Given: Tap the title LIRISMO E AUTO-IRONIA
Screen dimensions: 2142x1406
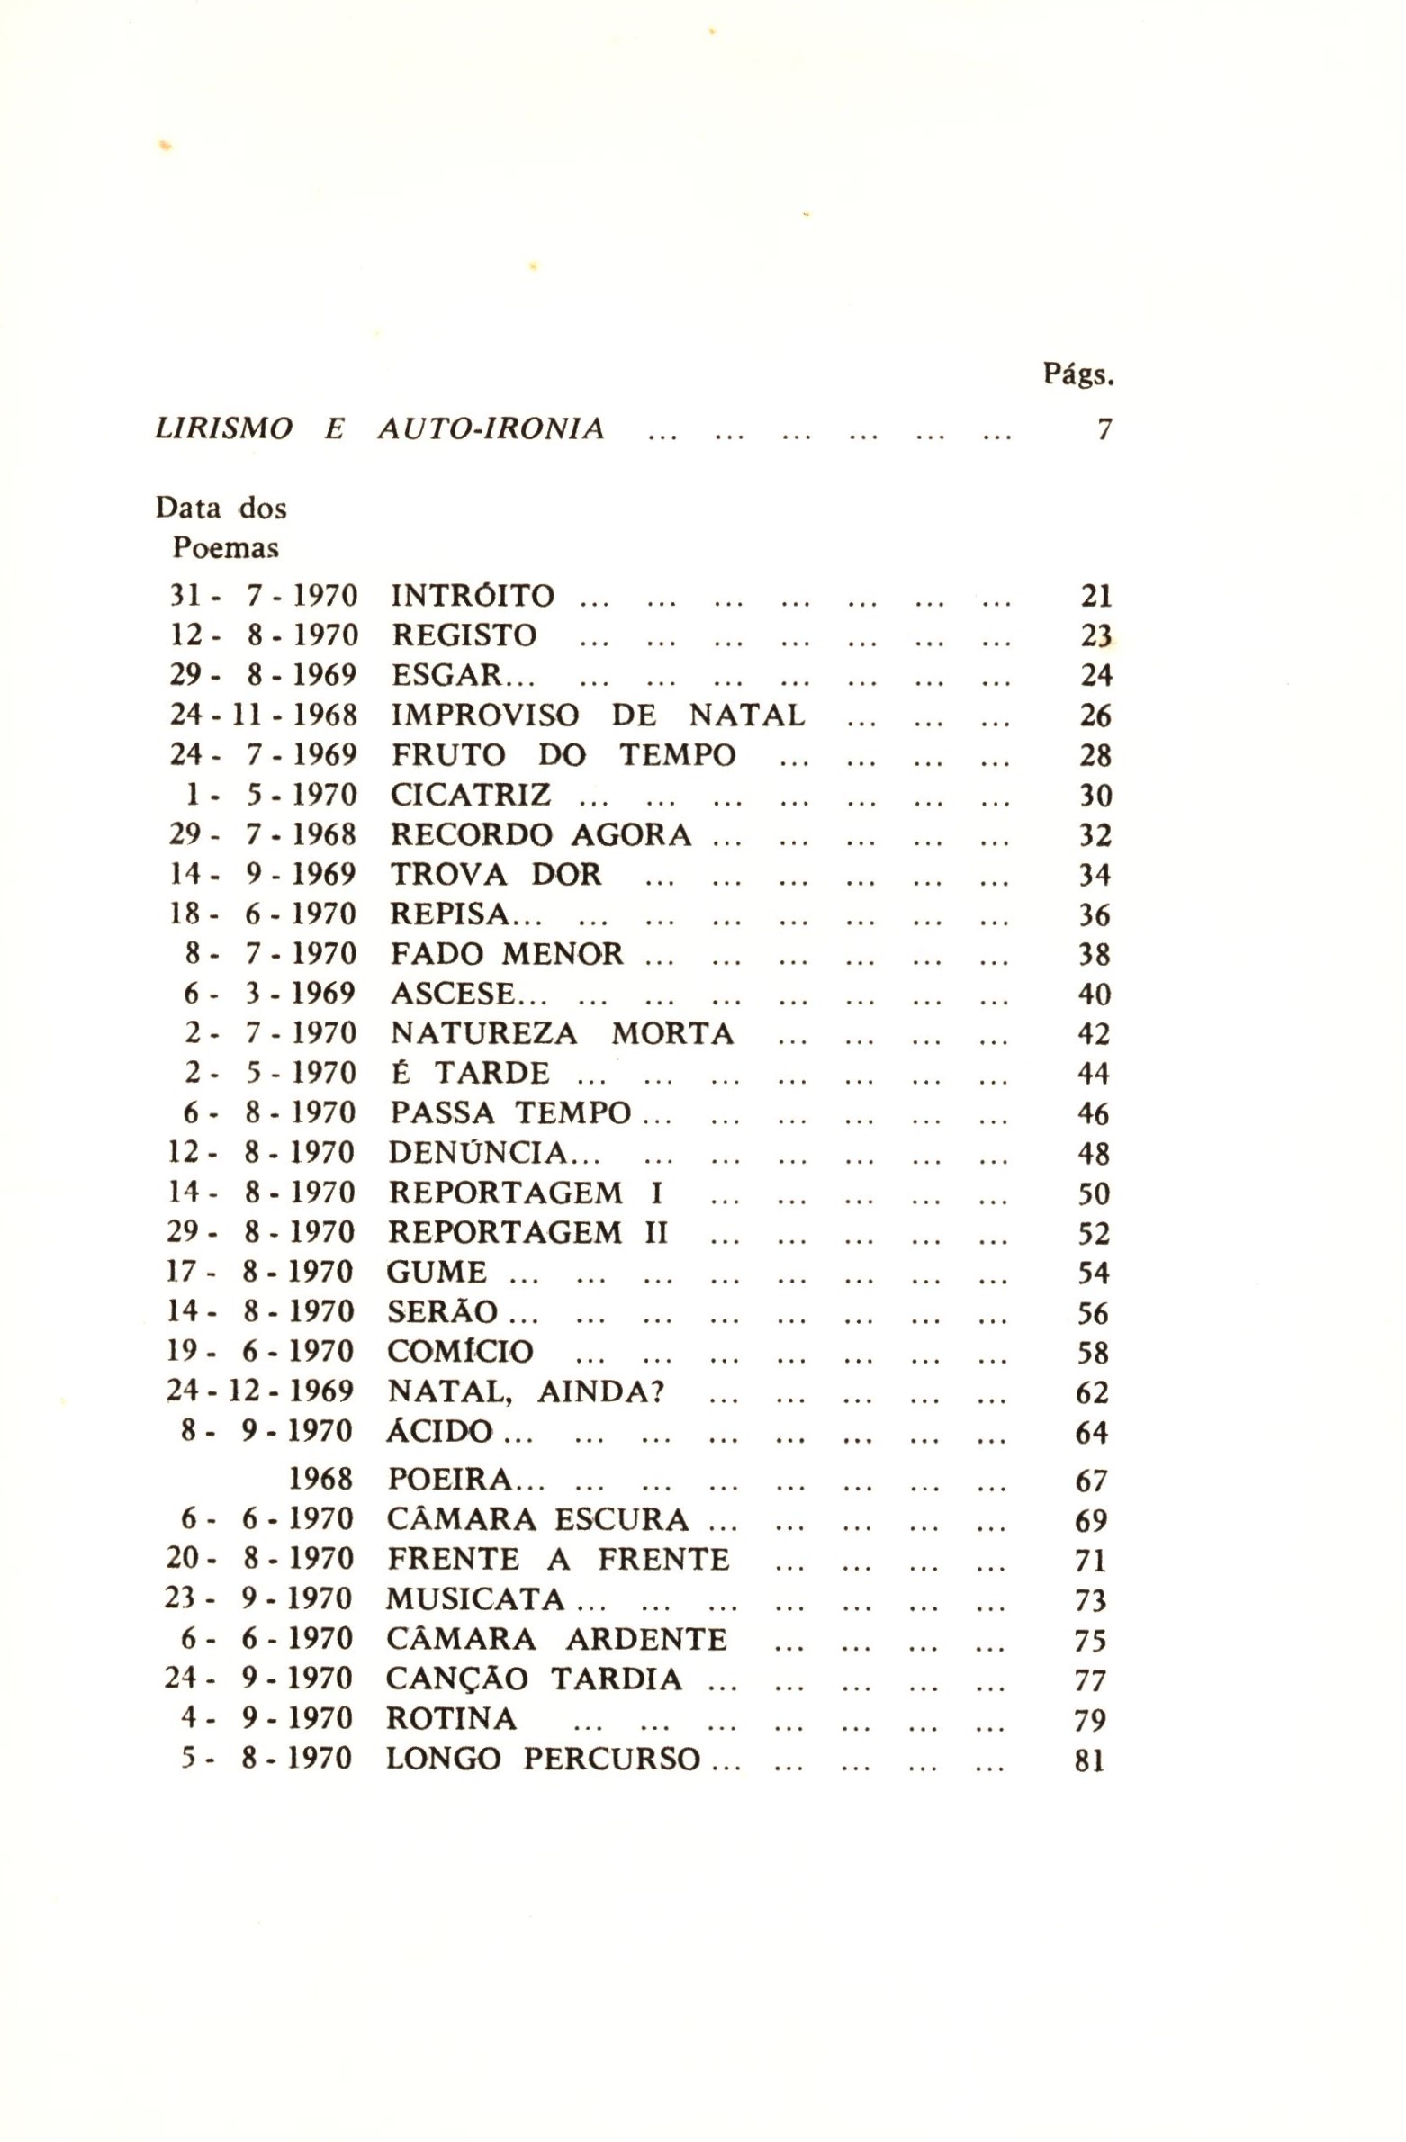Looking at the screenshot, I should (x=380, y=429).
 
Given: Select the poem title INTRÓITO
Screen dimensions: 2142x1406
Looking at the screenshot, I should (x=473, y=596).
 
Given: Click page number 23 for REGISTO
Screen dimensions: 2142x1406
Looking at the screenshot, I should (x=1096, y=635).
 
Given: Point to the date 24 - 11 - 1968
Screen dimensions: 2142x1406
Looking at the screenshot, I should (x=264, y=715).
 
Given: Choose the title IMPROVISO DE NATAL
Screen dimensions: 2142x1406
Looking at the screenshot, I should (x=598, y=715).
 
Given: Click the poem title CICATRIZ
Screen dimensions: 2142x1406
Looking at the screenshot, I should (x=471, y=795).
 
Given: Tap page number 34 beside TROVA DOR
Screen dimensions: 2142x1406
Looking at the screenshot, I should (x=1095, y=874).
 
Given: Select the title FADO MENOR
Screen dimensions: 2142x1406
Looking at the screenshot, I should (x=507, y=953).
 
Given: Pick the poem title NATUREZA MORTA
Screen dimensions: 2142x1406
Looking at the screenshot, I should (x=563, y=1033).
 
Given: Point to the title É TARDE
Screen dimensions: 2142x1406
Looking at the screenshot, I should (x=470, y=1073).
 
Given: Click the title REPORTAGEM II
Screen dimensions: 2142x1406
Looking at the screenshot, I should (x=528, y=1232).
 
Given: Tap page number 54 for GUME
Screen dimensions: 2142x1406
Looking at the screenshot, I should (x=1094, y=1273).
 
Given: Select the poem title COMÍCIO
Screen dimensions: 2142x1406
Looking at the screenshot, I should (x=461, y=1352).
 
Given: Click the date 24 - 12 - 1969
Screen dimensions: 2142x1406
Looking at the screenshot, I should (x=261, y=1391).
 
